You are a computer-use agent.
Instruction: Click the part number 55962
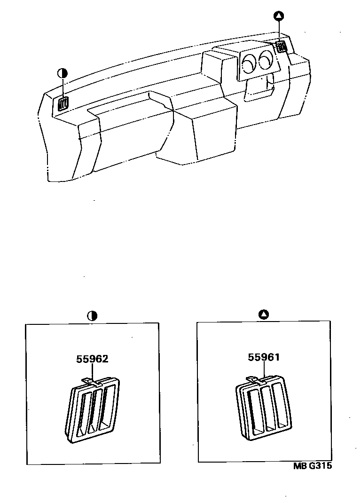pyautogui.click(x=92, y=359)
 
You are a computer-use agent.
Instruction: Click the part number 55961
pyautogui.click(x=264, y=357)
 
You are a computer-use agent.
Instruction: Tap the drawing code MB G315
pyautogui.click(x=312, y=466)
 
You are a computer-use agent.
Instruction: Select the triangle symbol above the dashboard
pyautogui.click(x=279, y=16)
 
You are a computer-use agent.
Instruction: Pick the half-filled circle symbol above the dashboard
pyautogui.click(x=63, y=73)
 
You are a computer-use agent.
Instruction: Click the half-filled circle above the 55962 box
pyautogui.click(x=92, y=316)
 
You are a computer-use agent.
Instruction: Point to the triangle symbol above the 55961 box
pyautogui.click(x=263, y=314)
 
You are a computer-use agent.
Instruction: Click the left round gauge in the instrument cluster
pyautogui.click(x=248, y=63)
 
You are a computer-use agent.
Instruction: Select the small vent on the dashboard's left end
pyautogui.click(x=63, y=103)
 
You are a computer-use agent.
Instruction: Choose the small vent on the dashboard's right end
pyautogui.click(x=282, y=47)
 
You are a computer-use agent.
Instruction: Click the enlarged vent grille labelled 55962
pyautogui.click(x=93, y=410)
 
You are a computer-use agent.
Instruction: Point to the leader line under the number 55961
pyautogui.click(x=264, y=370)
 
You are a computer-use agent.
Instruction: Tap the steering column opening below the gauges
pyautogui.click(x=259, y=88)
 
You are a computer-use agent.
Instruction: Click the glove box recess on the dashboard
pyautogui.click(x=128, y=104)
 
